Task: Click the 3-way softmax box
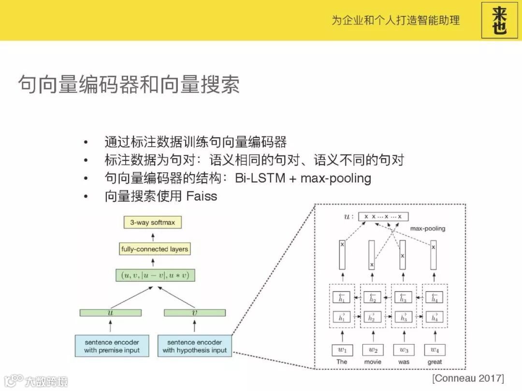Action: (x=153, y=223)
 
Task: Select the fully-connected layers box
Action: (x=155, y=249)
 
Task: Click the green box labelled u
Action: (x=111, y=313)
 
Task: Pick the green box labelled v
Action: (x=195, y=313)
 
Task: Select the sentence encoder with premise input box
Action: (x=112, y=346)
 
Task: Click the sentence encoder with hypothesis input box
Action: (x=195, y=346)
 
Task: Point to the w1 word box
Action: (x=342, y=349)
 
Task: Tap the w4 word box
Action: (x=435, y=349)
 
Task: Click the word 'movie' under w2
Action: (x=373, y=362)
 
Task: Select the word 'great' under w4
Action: (x=435, y=362)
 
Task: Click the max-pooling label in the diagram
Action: (x=428, y=228)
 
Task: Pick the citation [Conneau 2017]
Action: (x=468, y=377)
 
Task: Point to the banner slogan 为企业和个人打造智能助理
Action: (x=395, y=20)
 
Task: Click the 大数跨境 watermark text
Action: (x=46, y=381)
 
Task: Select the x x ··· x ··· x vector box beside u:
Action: (x=383, y=217)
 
